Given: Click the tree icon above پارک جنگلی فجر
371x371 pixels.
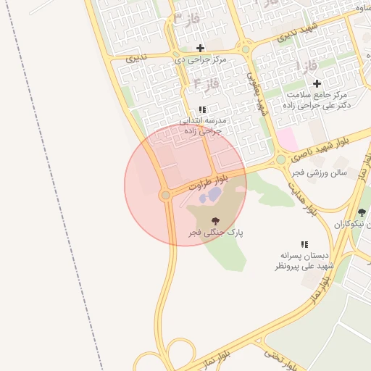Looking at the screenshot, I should pyautogui.click(x=214, y=220).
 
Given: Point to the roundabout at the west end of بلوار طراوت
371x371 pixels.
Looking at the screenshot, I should pyautogui.click(x=165, y=195).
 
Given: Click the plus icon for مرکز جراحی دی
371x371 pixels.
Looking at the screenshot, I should pyautogui.click(x=200, y=48).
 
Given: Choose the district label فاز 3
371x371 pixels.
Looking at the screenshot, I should pyautogui.click(x=183, y=18).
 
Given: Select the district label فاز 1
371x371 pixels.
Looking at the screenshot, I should pyautogui.click(x=307, y=66).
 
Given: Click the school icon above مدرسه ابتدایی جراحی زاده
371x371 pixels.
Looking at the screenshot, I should pyautogui.click(x=201, y=109).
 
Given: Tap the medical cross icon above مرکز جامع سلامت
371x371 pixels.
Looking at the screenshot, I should pyautogui.click(x=317, y=83).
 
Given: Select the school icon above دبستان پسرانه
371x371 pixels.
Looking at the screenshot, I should pyautogui.click(x=304, y=245).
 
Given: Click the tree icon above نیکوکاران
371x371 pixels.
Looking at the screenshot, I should pyautogui.click(x=362, y=212).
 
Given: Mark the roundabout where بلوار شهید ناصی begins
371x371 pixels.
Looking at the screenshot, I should pyautogui.click(x=280, y=159).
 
